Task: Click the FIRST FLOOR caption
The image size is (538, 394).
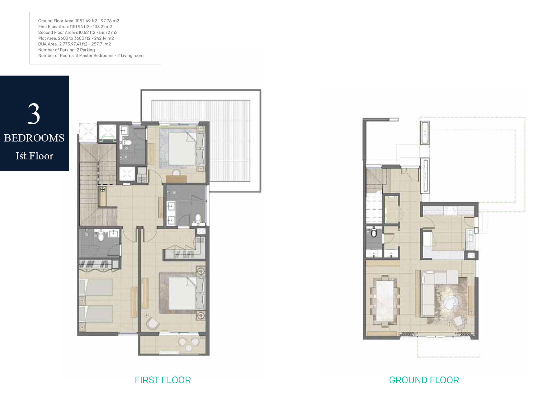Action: pos(163,380)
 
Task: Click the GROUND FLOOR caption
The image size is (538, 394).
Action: pos(424,380)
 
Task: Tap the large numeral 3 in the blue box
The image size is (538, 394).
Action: pos(34,114)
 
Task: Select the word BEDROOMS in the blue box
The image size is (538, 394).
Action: pos(34,138)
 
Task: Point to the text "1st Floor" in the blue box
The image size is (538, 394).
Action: pos(34,156)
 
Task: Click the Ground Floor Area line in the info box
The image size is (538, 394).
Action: pos(79,21)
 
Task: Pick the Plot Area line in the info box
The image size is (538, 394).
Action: pos(76,38)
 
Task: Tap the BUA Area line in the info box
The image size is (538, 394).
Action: pos(75,44)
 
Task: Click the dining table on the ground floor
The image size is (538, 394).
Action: pos(384,301)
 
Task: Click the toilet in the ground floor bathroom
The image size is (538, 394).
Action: pos(374,233)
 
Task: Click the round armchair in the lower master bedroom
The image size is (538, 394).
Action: pos(153,323)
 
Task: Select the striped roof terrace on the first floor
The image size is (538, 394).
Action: pos(230,141)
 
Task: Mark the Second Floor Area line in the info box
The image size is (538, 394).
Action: pos(78,33)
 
